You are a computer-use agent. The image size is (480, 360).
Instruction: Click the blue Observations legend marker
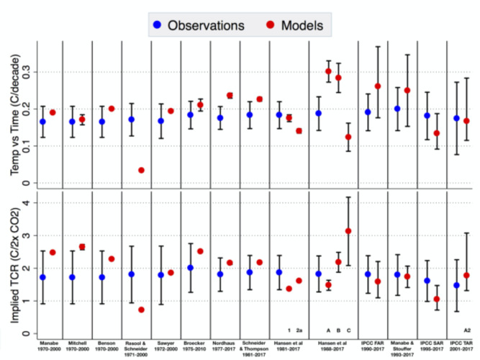coord(156,25)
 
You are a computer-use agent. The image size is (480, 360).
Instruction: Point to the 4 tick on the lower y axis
coord(26,202)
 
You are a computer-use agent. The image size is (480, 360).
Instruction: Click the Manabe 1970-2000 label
coord(47,347)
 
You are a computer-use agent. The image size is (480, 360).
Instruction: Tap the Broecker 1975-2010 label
coord(195,347)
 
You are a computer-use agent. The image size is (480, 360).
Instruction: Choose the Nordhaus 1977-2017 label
coord(225,347)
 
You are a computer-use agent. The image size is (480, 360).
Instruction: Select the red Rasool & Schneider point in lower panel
coord(141,310)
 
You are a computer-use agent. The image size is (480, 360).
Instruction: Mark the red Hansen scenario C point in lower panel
coord(348,231)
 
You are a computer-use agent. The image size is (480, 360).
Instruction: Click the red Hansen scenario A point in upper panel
coord(328,71)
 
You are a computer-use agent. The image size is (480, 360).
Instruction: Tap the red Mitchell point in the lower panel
coord(82,247)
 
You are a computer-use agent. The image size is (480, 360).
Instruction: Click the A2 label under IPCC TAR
coord(467,330)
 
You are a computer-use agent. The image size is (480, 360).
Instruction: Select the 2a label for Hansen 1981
coord(299,330)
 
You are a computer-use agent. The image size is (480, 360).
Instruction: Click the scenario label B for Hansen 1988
coord(338,330)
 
